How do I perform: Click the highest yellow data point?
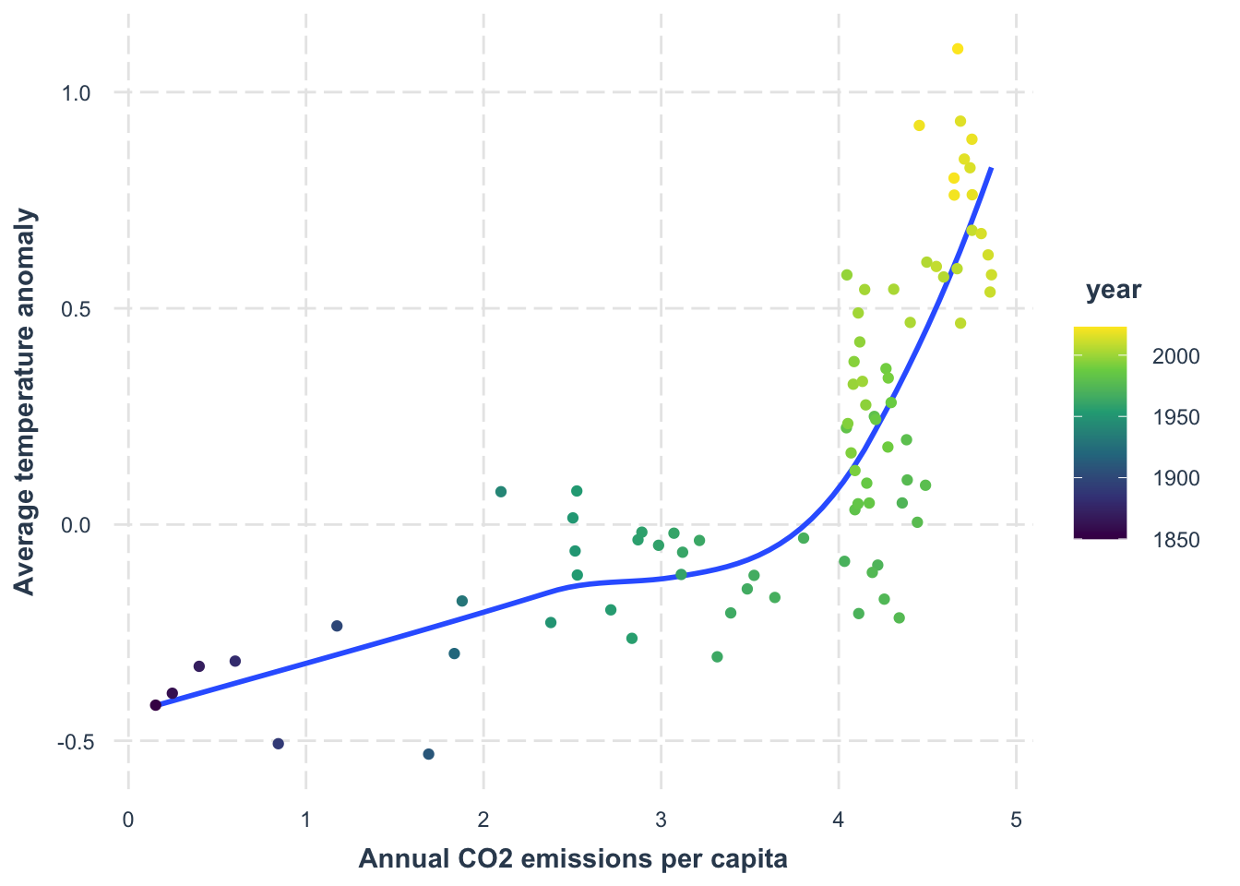pos(958,49)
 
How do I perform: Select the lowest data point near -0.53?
pos(428,754)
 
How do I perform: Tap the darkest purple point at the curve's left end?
pos(156,705)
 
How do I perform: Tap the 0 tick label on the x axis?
pos(128,819)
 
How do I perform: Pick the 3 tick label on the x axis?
pos(661,819)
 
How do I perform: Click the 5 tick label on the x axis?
pos(1016,819)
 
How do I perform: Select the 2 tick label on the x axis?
pos(483,819)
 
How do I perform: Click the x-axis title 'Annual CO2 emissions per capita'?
pos(572,859)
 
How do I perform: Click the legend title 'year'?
pos(1113,290)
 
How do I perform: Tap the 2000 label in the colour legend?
pos(1175,357)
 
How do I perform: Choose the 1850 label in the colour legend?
pos(1175,540)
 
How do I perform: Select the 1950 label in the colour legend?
pos(1175,418)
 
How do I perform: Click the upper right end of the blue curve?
pos(991,169)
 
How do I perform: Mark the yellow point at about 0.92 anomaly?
pos(919,126)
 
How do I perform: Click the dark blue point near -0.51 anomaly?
pos(279,744)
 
